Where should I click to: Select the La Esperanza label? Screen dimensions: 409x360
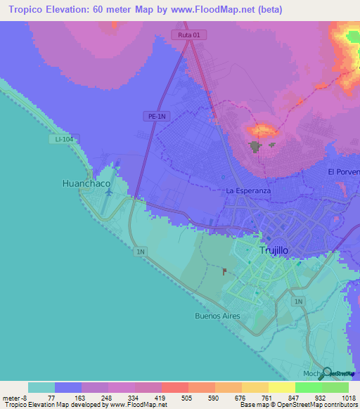(248, 190)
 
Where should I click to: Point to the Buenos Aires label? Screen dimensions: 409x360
(217, 316)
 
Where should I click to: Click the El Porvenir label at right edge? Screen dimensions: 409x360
(343, 172)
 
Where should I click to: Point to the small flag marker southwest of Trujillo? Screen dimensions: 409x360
(224, 271)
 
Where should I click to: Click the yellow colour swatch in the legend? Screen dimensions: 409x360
(281, 387)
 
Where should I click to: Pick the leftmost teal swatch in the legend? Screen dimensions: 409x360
(41, 387)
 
